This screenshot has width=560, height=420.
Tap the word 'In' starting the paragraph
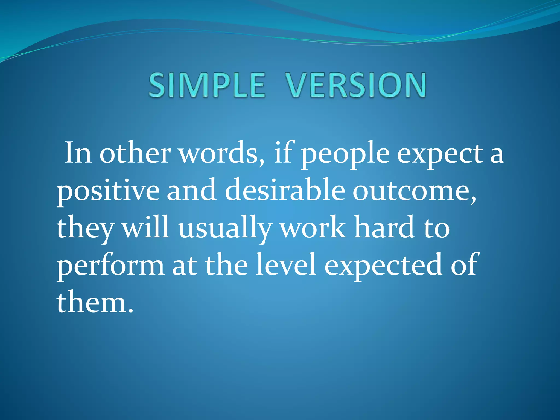pos(78,153)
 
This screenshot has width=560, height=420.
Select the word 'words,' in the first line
pos(222,153)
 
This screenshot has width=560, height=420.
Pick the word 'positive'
pos(108,191)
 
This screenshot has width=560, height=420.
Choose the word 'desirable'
pos(285,190)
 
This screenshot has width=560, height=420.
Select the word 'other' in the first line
pos(135,153)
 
